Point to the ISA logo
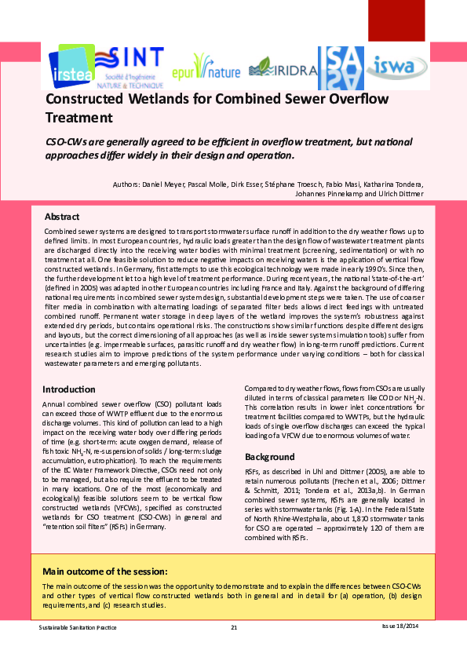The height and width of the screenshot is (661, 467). (340, 67)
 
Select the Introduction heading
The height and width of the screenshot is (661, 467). (69, 389)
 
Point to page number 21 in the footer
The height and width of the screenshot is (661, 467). (234, 626)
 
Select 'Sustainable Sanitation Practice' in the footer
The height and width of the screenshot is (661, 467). (78, 626)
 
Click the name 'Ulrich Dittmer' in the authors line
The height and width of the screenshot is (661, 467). (400, 193)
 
